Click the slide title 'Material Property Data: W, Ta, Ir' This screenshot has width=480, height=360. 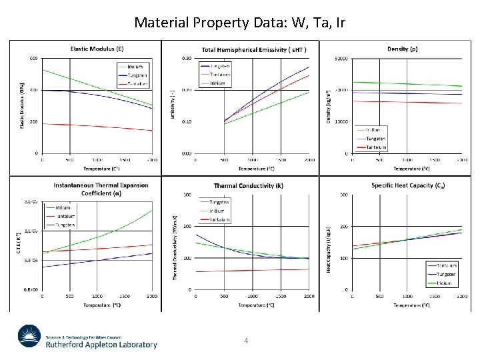pos(239,22)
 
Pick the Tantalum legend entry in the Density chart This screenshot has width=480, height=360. pos(376,147)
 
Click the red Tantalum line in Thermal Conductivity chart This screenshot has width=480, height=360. pos(253,271)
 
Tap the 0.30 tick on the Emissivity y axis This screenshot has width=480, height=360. pos(189,58)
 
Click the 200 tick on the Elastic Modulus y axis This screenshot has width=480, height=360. pos(33,122)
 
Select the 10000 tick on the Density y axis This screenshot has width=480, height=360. pos(342,122)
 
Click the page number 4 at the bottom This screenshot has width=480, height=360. pos(246,341)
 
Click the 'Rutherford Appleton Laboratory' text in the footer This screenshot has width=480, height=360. pos(102,345)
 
